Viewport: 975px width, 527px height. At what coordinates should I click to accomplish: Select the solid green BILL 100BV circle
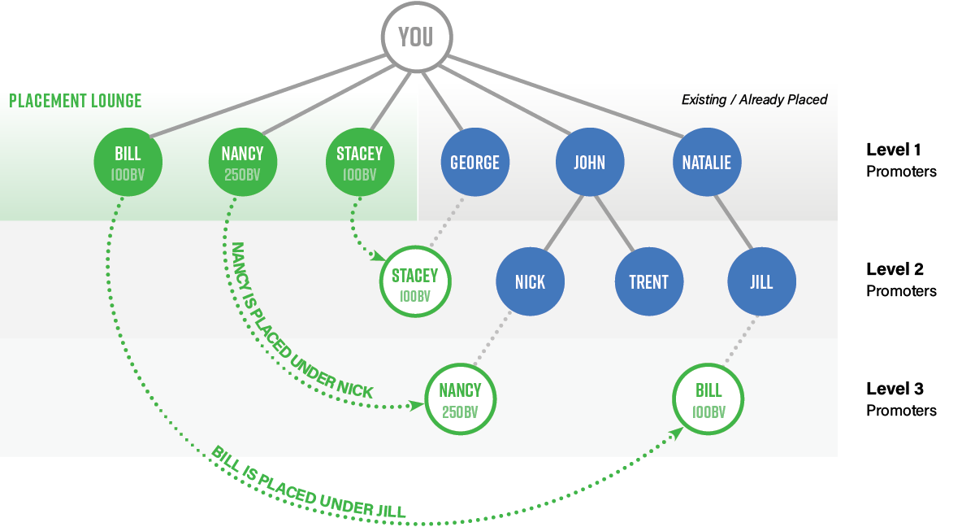pos(128,162)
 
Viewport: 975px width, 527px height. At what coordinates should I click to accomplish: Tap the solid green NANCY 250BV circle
pos(242,162)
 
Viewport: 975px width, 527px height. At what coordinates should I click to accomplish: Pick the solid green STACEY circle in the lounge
pos(359,162)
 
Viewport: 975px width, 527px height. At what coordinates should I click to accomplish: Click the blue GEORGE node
pos(474,162)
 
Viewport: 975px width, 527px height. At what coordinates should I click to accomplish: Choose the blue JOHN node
pos(589,162)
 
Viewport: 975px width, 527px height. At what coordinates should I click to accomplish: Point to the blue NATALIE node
pos(706,162)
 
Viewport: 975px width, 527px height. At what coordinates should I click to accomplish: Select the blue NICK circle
pos(530,281)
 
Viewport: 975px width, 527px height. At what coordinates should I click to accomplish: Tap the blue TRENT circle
pos(648,281)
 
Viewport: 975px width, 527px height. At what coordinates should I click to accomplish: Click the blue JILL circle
pos(761,281)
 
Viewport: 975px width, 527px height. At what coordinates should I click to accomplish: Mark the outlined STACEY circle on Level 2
pos(414,281)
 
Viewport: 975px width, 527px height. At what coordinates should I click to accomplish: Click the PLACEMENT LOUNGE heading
pos(75,101)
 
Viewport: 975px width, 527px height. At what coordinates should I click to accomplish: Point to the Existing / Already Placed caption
pos(754,100)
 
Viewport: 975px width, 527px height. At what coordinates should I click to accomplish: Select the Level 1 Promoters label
pos(902,160)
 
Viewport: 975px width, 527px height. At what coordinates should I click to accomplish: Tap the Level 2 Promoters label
pos(902,280)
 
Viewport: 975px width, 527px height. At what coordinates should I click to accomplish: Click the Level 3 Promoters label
pos(902,399)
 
